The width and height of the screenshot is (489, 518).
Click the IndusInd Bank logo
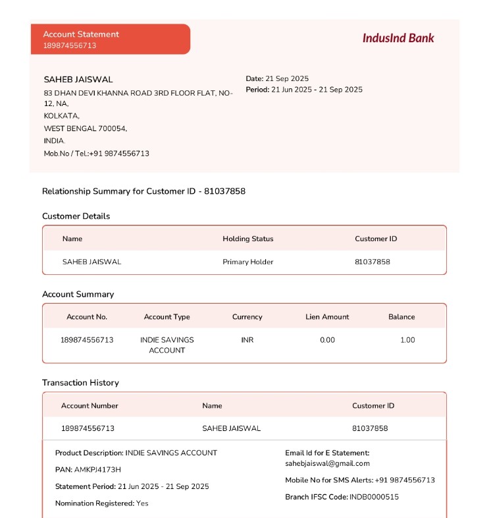pos(398,38)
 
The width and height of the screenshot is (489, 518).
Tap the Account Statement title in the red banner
pos(81,34)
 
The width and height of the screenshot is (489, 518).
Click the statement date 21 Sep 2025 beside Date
pos(287,78)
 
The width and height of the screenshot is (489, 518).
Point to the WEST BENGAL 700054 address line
pos(86,129)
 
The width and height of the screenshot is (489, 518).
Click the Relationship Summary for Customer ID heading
pos(143,191)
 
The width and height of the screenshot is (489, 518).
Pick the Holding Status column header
pos(247,239)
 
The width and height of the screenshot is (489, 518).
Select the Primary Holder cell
pos(247,262)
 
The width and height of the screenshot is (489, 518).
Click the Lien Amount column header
pos(327,317)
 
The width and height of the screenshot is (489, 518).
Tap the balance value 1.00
pos(407,340)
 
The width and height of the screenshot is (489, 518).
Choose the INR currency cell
pos(247,340)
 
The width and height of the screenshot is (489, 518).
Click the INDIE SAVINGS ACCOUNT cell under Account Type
pos(167,345)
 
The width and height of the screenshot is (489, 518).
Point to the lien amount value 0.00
pos(327,340)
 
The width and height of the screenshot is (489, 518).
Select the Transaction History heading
pos(80,383)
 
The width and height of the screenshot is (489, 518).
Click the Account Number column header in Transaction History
pos(90,406)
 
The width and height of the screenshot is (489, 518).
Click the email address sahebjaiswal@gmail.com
pos(327,463)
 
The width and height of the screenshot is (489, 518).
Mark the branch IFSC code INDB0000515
pos(374,497)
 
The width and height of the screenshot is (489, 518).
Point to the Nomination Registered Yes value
pos(142,504)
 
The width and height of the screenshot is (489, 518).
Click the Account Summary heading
pos(78,295)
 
